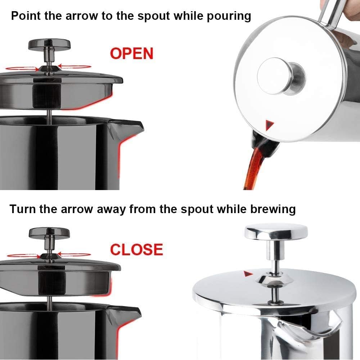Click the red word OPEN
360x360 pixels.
click(x=132, y=54)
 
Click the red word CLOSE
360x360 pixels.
click(x=136, y=249)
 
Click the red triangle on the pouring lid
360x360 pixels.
click(x=270, y=125)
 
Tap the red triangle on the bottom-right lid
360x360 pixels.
click(x=247, y=274)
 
